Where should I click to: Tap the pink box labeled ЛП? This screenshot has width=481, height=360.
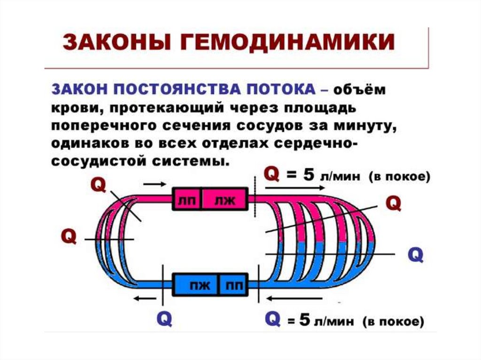[x=186, y=200]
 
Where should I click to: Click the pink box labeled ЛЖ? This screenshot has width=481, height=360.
[x=224, y=200]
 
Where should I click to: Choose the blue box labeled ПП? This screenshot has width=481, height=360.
[x=233, y=284]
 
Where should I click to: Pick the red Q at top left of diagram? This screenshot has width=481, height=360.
[x=98, y=185]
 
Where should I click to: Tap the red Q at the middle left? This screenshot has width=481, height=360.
[x=69, y=236]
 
